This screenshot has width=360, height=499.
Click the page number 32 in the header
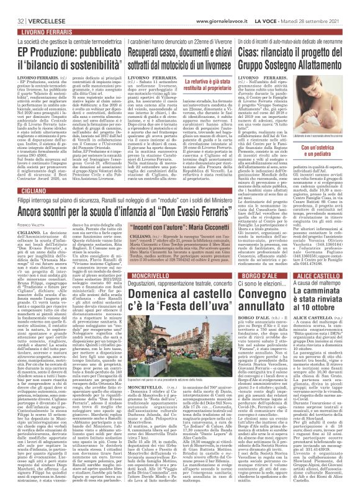(x=12, y=6)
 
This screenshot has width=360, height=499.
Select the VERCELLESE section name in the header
(x=37, y=6)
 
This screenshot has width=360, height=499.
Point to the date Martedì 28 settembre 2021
(x=317, y=6)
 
